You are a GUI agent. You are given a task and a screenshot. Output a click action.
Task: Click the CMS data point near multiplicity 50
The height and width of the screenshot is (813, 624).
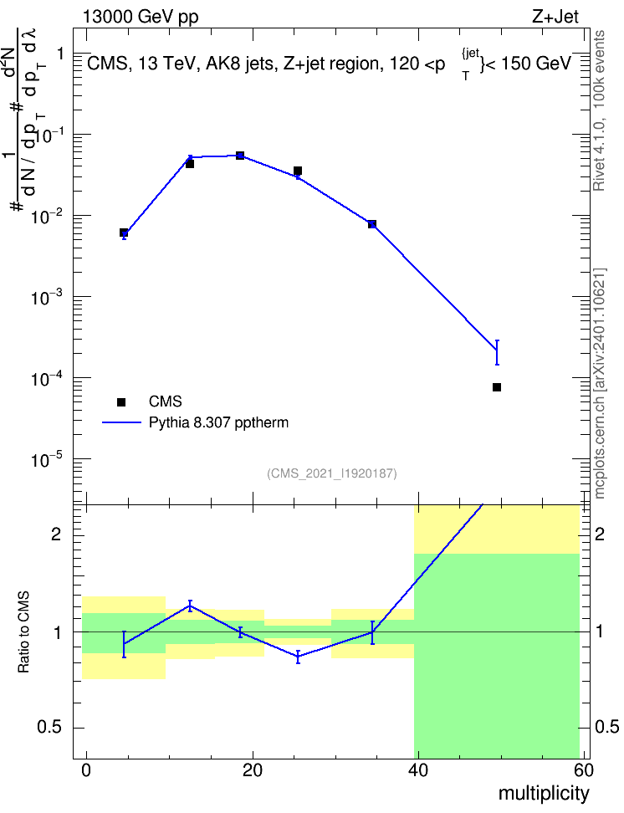pos(496,387)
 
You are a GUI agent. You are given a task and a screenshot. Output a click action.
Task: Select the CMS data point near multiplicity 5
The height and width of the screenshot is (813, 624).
pos(124,233)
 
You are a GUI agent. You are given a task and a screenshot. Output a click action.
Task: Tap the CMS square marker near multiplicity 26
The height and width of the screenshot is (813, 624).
pos(298,171)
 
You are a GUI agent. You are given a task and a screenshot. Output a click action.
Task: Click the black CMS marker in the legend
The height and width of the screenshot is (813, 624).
pos(121,401)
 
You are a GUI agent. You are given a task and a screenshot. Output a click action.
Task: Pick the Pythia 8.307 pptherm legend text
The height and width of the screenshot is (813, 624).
pos(218,422)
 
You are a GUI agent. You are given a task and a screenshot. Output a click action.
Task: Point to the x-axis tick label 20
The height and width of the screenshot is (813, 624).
pos(252,770)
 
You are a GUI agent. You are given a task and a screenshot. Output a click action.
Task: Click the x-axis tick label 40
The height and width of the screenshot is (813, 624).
pos(418,770)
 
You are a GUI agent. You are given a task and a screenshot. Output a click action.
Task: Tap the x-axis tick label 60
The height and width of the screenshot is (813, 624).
pos(584,770)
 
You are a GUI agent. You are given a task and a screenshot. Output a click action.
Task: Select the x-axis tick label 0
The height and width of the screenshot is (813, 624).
pos(86,770)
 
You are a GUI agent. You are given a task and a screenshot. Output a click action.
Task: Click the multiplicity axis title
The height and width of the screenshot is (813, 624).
pos(544,794)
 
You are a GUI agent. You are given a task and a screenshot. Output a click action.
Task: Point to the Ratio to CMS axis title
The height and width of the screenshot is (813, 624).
pos(23,632)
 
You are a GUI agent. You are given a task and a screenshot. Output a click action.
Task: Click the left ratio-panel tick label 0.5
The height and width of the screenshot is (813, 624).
pos(49,728)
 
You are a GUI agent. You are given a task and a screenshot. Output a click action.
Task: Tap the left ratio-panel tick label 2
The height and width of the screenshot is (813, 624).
pos(56,534)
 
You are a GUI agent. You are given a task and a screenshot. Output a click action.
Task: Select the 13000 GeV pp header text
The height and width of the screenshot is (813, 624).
pos(141,17)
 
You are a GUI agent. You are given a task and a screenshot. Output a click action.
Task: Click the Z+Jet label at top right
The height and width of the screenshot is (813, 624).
pos(555,17)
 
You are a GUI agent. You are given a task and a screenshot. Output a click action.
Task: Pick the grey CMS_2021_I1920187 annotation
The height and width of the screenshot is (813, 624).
pos(332,473)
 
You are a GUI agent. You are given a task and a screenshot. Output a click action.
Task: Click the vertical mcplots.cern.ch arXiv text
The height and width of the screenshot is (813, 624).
pos(600,383)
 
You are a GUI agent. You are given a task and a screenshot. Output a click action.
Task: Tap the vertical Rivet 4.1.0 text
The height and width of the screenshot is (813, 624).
pos(599,110)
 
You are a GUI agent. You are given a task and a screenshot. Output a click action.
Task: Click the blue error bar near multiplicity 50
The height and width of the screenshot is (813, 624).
pos(497,353)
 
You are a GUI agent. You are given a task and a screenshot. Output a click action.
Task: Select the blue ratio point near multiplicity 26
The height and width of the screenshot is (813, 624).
pos(298,657)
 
